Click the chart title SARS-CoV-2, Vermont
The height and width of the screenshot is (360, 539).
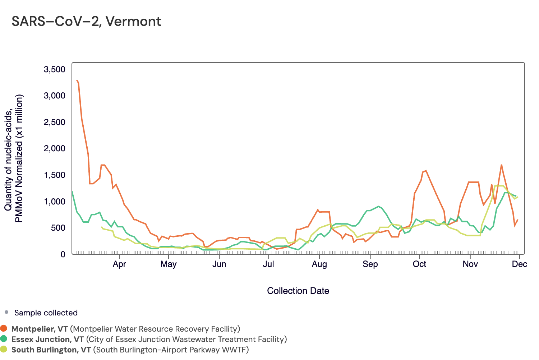(86, 22)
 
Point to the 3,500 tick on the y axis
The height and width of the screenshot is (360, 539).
(54, 69)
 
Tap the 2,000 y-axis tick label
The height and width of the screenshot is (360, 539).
(54, 149)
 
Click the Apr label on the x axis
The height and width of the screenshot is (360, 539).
(119, 264)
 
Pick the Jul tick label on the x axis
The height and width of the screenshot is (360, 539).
(268, 264)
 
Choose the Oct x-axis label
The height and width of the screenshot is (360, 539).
(419, 264)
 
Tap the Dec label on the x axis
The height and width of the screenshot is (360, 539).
(520, 264)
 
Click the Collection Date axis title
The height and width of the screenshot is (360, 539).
(298, 291)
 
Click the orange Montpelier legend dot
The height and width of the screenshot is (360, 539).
(4, 328)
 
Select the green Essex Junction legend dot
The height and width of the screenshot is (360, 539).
(4, 339)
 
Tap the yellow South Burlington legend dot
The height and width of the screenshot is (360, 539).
(4, 349)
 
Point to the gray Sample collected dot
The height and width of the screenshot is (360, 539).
(6, 312)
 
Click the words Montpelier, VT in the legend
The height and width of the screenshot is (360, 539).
(40, 329)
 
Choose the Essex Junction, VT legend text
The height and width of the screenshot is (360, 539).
(47, 339)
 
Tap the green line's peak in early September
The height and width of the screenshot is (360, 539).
(378, 206)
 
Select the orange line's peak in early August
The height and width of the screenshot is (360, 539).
(318, 210)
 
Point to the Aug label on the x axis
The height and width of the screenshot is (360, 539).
(319, 264)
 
